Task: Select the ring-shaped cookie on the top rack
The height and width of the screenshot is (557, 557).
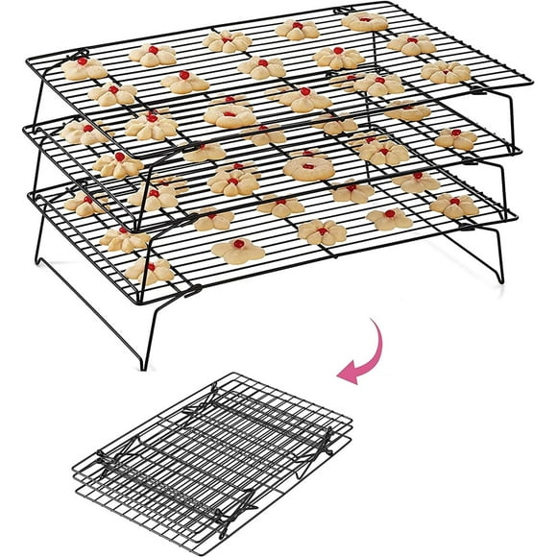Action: pyautogui.click(x=231, y=116)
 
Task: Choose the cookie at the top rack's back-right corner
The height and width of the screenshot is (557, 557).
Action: pyautogui.click(x=366, y=22)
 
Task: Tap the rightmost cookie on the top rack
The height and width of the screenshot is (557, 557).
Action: pyautogui.click(x=446, y=72)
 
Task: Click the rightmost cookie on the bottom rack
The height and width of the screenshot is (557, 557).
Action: pyautogui.click(x=454, y=205)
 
